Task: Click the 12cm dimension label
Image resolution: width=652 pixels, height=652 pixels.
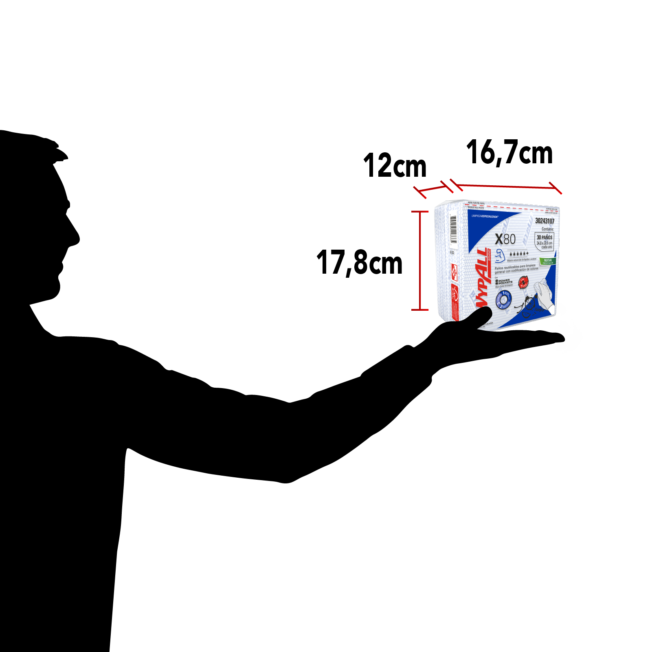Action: pyautogui.click(x=394, y=166)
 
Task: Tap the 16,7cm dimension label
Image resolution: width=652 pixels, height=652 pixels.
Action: pyautogui.click(x=509, y=153)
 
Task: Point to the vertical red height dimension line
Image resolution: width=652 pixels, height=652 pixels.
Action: pyautogui.click(x=420, y=261)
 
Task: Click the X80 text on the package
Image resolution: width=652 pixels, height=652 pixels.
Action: pyautogui.click(x=505, y=239)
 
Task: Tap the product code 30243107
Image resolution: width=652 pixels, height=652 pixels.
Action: pyautogui.click(x=544, y=221)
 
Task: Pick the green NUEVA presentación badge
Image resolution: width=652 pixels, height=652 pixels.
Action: pyautogui.click(x=548, y=261)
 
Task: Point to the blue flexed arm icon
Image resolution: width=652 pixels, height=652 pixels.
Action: pyautogui.click(x=500, y=256)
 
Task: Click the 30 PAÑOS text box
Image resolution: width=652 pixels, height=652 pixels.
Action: pyautogui.click(x=544, y=241)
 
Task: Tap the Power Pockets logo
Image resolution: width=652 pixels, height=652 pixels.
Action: pyautogui.click(x=504, y=281)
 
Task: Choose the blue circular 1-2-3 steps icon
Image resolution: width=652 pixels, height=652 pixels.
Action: pyautogui.click(x=504, y=300)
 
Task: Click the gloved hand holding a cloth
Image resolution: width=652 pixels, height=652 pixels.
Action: pyautogui.click(x=542, y=293)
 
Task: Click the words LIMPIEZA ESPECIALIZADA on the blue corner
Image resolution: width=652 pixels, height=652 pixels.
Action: pyautogui.click(x=485, y=216)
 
